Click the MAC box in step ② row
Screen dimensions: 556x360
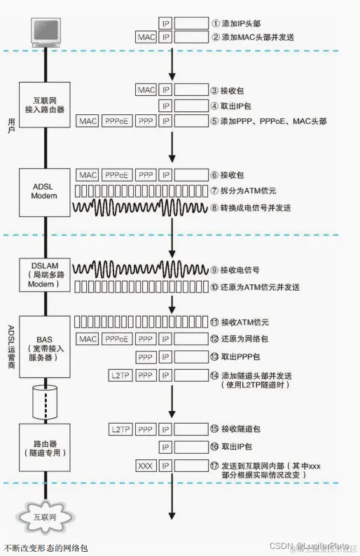146,37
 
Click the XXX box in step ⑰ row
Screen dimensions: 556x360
146,465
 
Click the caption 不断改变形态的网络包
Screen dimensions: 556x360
46,548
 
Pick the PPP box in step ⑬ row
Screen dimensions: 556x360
146,357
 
